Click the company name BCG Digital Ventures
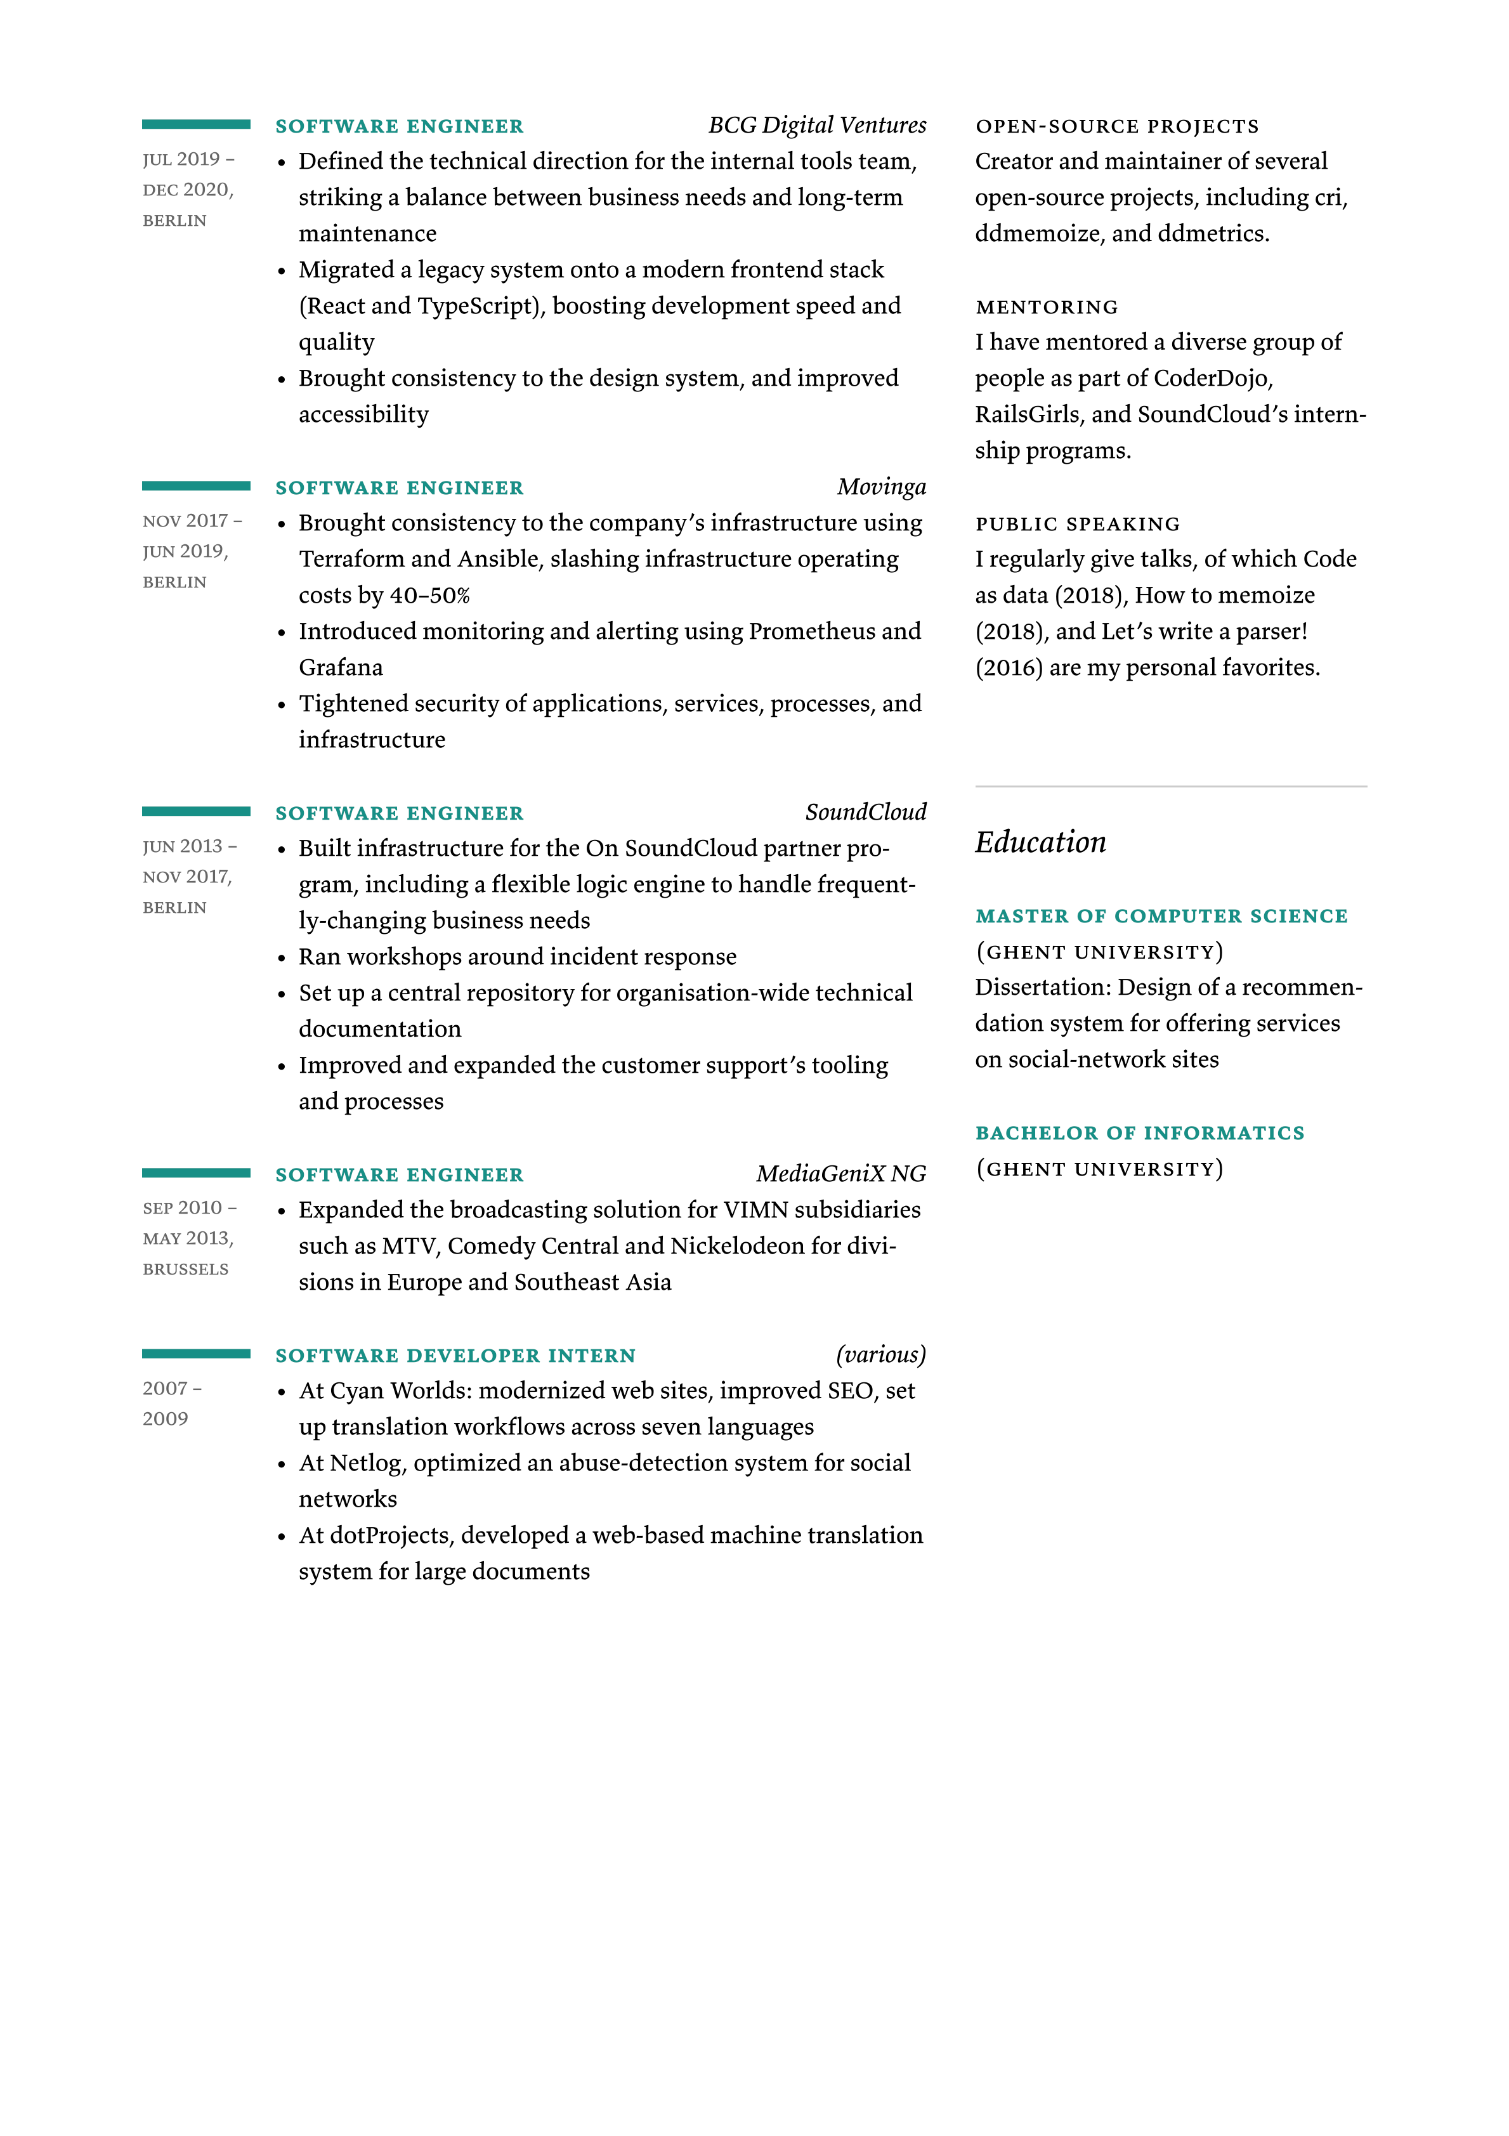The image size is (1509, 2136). click(817, 126)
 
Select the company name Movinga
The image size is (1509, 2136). click(881, 487)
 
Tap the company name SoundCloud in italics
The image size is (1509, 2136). click(865, 813)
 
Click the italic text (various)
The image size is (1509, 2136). click(880, 1354)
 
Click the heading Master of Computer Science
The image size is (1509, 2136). click(1161, 916)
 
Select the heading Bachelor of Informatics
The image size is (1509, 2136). click(1140, 1133)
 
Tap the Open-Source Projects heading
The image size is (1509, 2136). click(1116, 126)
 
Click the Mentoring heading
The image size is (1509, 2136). click(1047, 307)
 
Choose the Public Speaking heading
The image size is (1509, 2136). click(1077, 525)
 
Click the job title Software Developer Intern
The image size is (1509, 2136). click(455, 1356)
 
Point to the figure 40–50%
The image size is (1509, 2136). click(430, 596)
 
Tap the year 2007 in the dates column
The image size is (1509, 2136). click(166, 1389)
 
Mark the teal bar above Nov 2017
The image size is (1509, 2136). click(195, 485)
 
